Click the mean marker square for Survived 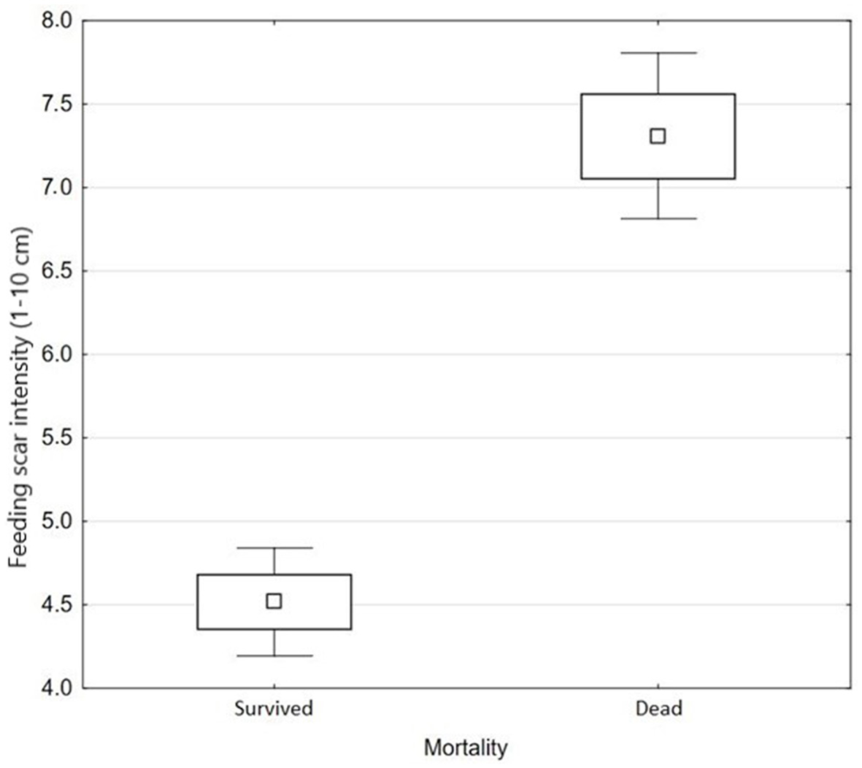pyautogui.click(x=274, y=601)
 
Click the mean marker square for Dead pyautogui.click(x=658, y=136)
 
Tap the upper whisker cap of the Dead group pyautogui.click(x=658, y=53)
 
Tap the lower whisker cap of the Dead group pyautogui.click(x=658, y=218)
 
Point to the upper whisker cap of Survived pyautogui.click(x=274, y=548)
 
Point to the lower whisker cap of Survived pyautogui.click(x=274, y=656)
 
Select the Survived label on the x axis pyautogui.click(x=274, y=708)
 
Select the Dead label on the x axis pyautogui.click(x=658, y=708)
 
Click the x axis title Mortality pyautogui.click(x=465, y=748)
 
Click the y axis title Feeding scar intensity pyautogui.click(x=20, y=397)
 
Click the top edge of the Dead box pyautogui.click(x=658, y=94)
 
